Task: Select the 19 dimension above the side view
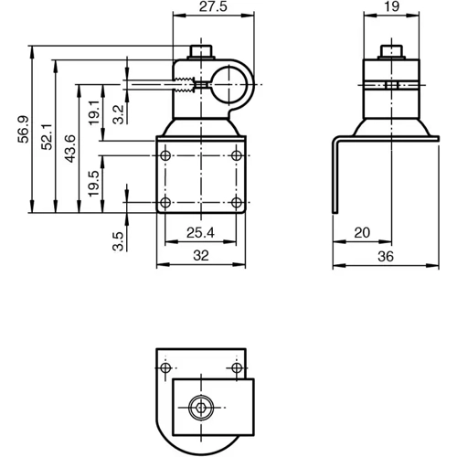pos(390,7)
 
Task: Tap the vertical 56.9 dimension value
pos(23,129)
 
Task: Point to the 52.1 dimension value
pos(46,135)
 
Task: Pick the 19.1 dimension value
pos(93,114)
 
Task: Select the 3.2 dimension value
pos(117,113)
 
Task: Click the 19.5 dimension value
pos(93,183)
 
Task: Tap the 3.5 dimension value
pos(117,241)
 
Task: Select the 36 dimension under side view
pos(384,257)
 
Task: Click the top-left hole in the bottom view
pos(165,368)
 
